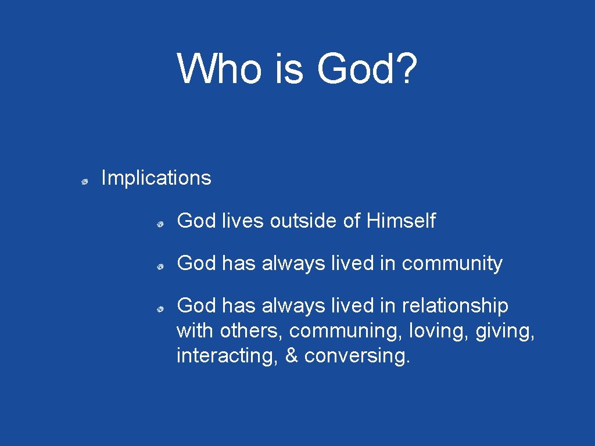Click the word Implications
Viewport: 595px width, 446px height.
pos(156,178)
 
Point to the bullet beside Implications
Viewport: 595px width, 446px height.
pos(84,182)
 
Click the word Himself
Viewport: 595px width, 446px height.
pos(401,221)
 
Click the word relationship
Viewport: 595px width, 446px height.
pos(455,305)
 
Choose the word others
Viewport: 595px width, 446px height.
pos(251,330)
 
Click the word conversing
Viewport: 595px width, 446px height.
pos(357,356)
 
